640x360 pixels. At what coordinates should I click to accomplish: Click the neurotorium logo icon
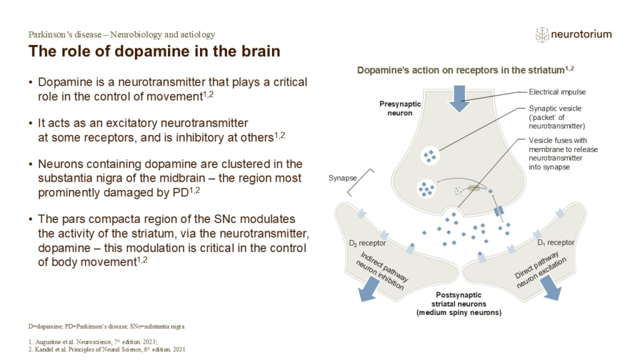542,34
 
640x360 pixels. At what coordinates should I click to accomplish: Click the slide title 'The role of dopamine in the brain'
154,51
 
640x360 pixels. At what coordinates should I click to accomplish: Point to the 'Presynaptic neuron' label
400,108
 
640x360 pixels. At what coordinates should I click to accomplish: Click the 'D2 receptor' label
367,242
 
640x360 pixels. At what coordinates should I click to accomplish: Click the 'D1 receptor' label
556,242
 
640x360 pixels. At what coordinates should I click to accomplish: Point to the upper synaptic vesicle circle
430,155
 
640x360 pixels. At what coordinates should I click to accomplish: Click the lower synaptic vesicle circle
427,187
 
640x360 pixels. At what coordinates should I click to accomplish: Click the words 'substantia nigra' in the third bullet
76,178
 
